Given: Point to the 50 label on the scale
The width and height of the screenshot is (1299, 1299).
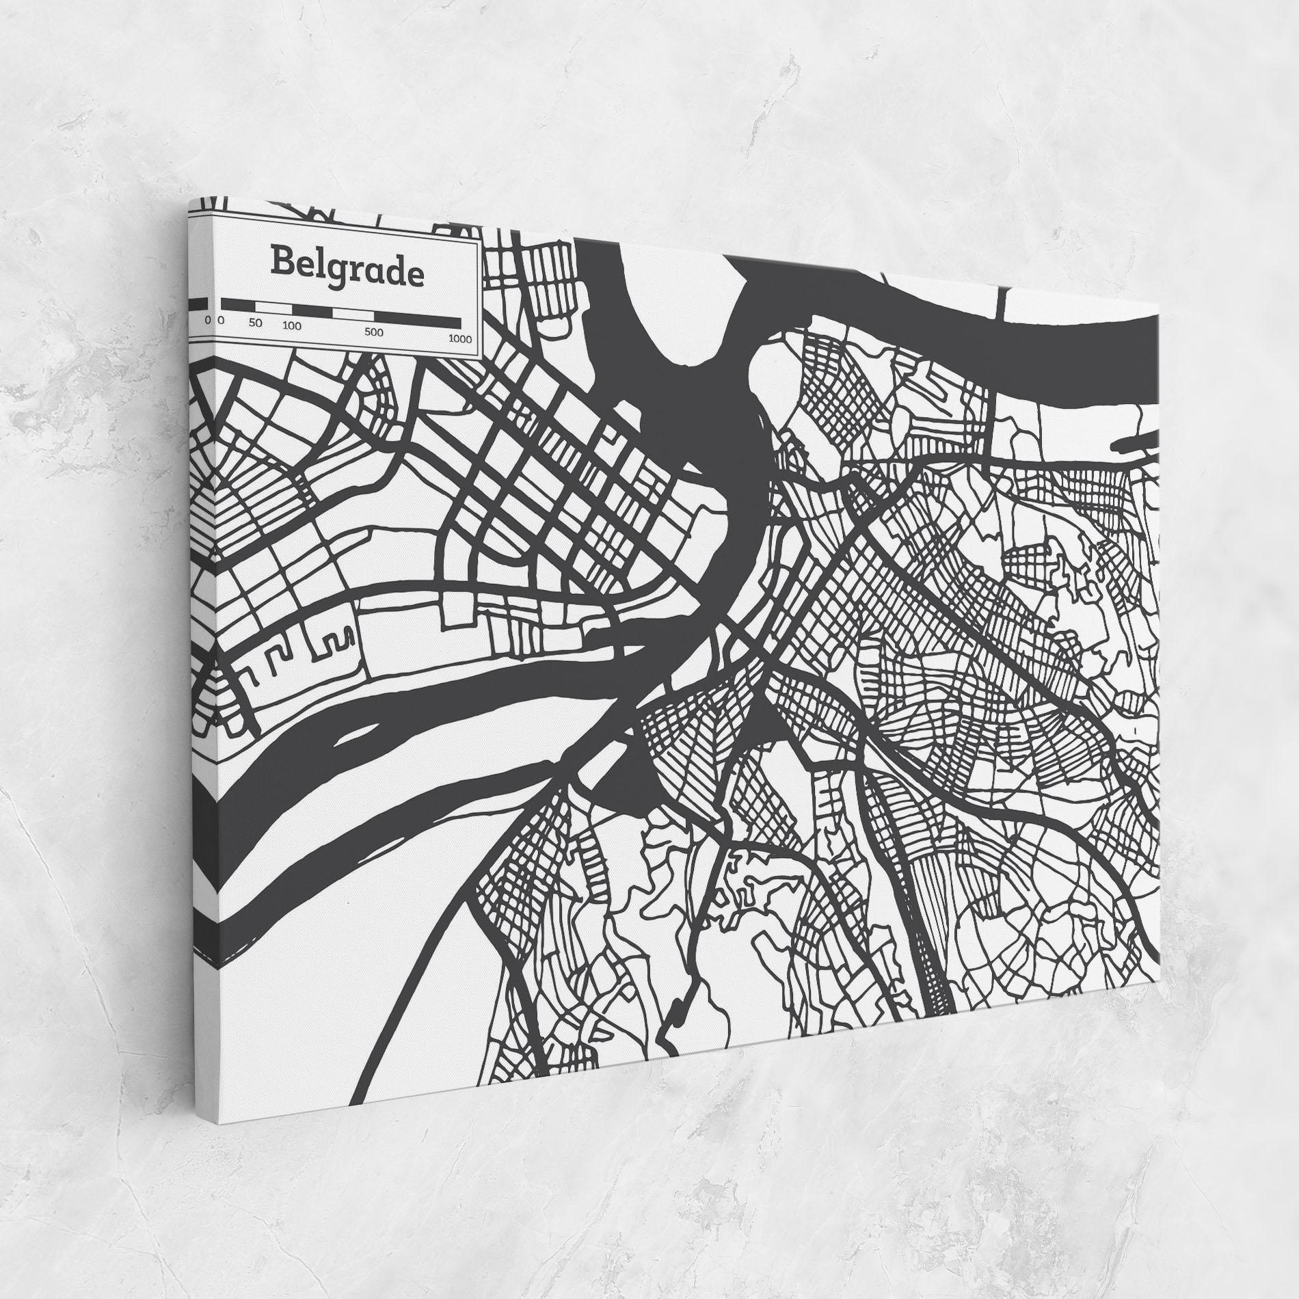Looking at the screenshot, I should (255, 323).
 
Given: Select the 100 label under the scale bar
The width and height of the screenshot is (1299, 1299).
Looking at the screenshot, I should (292, 326).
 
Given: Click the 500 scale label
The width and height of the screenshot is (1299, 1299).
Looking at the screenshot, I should (373, 333).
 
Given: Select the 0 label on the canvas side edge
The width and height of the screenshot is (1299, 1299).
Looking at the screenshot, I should (207, 319).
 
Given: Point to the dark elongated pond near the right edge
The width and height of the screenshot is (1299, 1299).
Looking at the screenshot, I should (1135, 446).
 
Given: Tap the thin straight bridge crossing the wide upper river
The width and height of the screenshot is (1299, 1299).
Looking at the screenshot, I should (1002, 304).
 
